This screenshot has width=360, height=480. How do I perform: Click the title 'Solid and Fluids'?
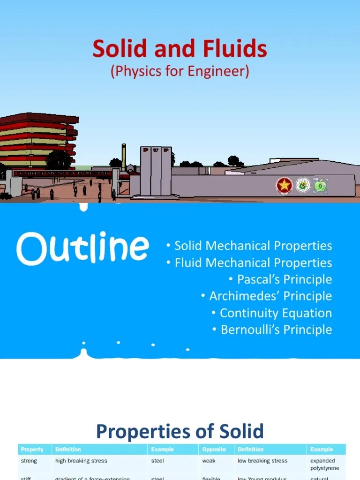180,49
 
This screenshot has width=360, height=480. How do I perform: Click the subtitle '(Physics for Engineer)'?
180,72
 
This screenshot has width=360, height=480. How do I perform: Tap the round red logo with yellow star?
284,186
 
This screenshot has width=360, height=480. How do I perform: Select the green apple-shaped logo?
320,185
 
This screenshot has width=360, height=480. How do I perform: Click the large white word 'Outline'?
82,248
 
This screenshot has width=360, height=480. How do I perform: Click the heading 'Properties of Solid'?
180,431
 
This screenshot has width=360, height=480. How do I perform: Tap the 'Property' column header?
32,450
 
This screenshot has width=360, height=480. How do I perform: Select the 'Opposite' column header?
214,450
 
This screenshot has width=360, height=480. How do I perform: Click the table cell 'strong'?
29,461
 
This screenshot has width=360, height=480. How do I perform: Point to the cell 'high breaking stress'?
81,461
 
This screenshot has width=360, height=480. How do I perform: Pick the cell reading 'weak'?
209,461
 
